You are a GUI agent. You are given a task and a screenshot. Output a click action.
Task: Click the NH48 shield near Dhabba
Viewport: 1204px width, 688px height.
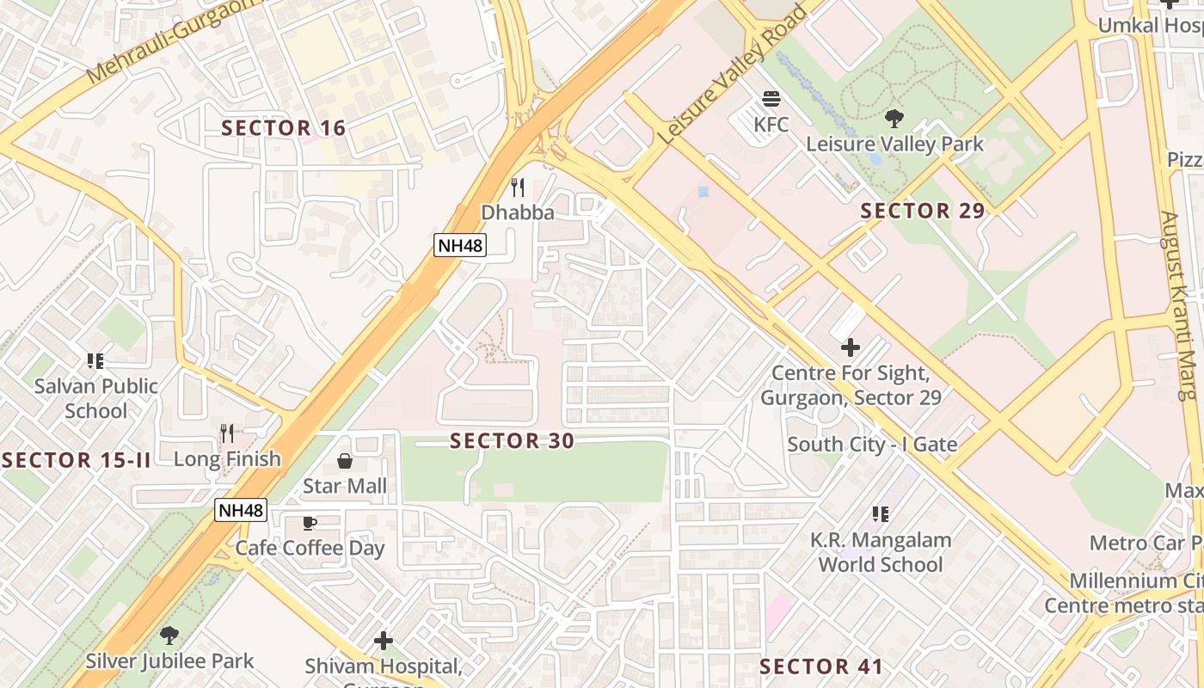coord(460,245)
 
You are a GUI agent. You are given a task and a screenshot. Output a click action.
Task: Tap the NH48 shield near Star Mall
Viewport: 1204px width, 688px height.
coord(241,510)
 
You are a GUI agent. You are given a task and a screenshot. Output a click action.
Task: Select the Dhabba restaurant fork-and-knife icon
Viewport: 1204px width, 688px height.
coord(517,187)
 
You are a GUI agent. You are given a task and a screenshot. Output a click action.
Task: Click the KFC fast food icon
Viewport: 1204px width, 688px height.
coord(771,100)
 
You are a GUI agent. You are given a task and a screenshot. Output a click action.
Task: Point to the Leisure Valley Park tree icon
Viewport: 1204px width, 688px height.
coord(894,119)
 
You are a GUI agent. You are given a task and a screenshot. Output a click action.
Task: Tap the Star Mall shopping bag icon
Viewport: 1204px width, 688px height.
coord(345,462)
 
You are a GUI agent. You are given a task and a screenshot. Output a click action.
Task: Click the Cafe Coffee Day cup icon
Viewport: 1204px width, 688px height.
coord(310,523)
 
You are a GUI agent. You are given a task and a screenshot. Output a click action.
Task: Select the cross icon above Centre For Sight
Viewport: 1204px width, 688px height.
coord(851,347)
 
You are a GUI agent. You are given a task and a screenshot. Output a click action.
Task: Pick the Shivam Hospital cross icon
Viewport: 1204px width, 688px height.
coord(384,641)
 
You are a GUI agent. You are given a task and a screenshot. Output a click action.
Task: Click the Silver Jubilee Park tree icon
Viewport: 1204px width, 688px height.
coord(169,636)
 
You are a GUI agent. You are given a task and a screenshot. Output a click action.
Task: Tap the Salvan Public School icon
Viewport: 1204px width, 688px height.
coord(95,361)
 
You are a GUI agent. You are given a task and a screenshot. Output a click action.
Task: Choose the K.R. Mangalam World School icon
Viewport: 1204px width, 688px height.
coord(880,514)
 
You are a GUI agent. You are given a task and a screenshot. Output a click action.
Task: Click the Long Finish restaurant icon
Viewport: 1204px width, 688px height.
coord(227,433)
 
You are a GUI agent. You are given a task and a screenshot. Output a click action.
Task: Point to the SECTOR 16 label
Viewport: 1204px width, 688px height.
coord(284,128)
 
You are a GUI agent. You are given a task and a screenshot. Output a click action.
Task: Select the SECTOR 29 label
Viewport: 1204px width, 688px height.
coord(922,211)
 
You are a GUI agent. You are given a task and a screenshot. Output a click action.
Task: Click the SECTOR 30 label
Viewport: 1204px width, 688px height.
coord(512,441)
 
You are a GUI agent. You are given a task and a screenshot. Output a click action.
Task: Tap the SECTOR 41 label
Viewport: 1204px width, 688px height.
coord(820,666)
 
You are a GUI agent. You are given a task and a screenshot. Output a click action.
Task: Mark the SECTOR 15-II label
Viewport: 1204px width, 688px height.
coord(77,460)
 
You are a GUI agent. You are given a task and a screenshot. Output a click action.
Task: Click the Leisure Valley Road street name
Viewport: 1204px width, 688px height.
coord(731,75)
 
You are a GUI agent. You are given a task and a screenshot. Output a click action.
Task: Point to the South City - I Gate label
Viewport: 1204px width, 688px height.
coord(872,445)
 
